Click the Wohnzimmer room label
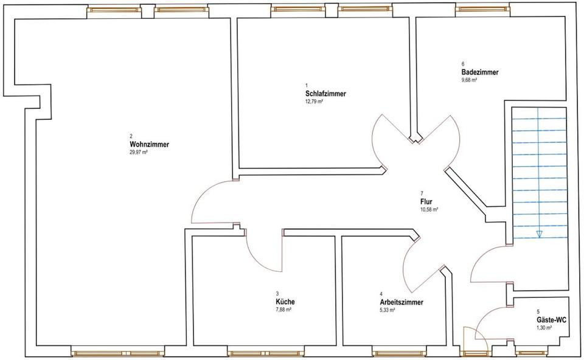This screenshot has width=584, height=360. (149, 145)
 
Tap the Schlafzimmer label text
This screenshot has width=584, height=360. (326, 94)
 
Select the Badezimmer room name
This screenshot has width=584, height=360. (480, 72)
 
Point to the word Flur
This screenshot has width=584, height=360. (426, 201)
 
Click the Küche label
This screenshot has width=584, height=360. (285, 302)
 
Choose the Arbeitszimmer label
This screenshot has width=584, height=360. (401, 302)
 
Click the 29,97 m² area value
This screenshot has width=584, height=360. (139, 153)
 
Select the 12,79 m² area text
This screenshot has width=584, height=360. (314, 102)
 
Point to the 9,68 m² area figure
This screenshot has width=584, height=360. (469, 80)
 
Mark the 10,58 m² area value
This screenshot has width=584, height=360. (429, 209)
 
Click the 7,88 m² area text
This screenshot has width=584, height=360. (283, 310)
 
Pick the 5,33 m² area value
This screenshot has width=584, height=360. (388, 310)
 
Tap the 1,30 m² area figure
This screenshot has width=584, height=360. (544, 328)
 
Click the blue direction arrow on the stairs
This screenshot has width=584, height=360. (539, 234)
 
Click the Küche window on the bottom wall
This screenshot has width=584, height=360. (252, 351)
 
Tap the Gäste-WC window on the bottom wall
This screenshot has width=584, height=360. (534, 351)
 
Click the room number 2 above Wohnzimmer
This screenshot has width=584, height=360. (131, 136)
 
